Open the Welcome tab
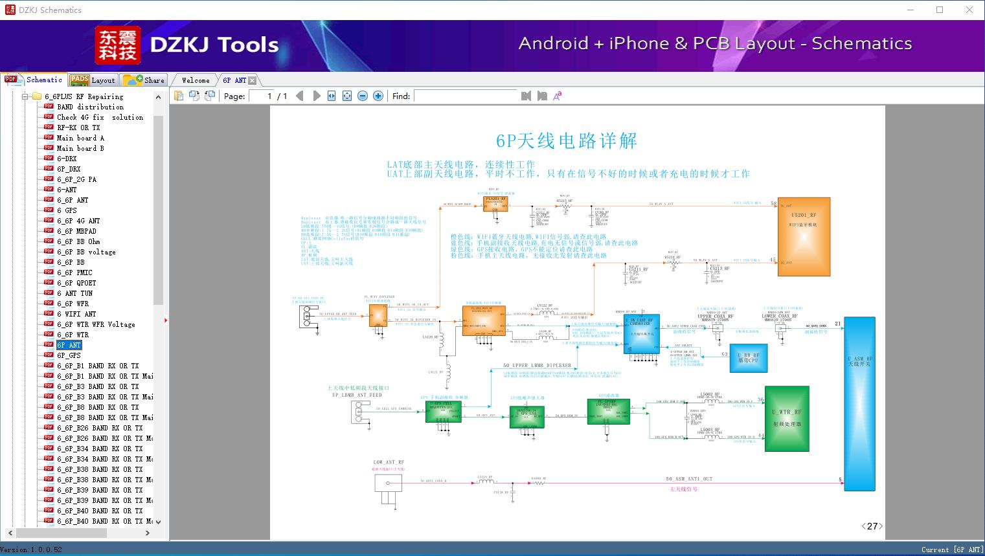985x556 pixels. tap(195, 80)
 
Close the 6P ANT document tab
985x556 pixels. tap(253, 80)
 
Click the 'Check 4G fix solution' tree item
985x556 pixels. tap(100, 117)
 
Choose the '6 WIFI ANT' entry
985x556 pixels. tap(76, 314)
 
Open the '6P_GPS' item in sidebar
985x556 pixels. tap(69, 355)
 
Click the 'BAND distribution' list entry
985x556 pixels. tap(90, 107)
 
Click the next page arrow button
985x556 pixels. tap(317, 96)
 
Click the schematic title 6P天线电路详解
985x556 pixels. tap(566, 141)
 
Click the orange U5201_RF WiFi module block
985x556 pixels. tap(803, 236)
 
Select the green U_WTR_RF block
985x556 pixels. tap(787, 418)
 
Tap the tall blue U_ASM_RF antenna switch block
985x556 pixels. tap(859, 405)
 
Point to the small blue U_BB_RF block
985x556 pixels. tap(748, 357)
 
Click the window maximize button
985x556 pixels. tap(940, 10)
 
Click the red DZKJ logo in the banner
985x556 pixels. tap(118, 45)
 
